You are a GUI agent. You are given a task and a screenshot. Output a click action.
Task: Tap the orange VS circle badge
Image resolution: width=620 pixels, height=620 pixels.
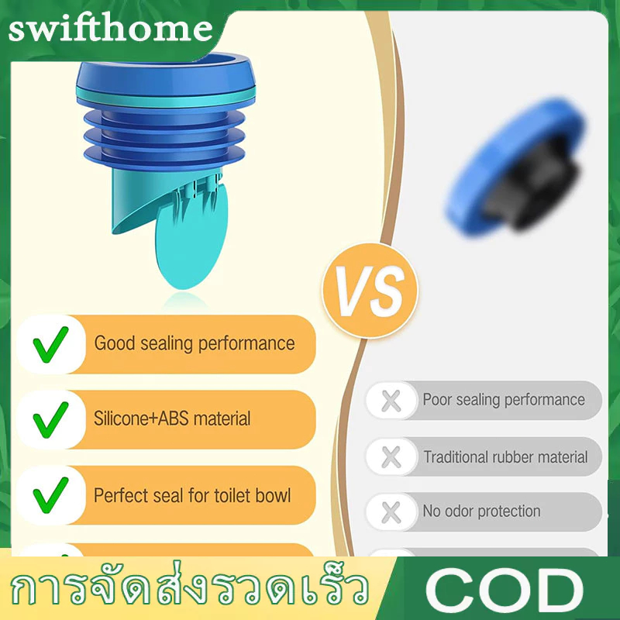pyautogui.click(x=370, y=291)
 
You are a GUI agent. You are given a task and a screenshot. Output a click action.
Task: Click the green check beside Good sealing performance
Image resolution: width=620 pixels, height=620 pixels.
pyautogui.click(x=51, y=344)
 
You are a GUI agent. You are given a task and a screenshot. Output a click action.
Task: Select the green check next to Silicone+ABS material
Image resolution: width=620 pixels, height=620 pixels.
pyautogui.click(x=51, y=420)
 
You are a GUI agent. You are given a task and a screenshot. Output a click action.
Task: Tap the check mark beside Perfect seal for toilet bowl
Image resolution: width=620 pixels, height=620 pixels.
pyautogui.click(x=51, y=495)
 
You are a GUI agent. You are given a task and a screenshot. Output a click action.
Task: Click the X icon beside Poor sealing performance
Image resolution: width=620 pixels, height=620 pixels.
pyautogui.click(x=391, y=401)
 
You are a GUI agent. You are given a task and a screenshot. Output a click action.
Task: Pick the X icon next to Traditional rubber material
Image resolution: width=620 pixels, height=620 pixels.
pyautogui.click(x=391, y=456)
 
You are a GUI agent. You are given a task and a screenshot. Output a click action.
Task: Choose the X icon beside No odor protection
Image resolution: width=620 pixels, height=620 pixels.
pyautogui.click(x=391, y=512)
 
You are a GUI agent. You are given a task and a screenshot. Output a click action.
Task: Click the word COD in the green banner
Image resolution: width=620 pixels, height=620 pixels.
pyautogui.click(x=505, y=591)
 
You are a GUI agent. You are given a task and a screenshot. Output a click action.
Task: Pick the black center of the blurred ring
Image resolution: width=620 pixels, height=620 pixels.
pyautogui.click(x=532, y=183)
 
